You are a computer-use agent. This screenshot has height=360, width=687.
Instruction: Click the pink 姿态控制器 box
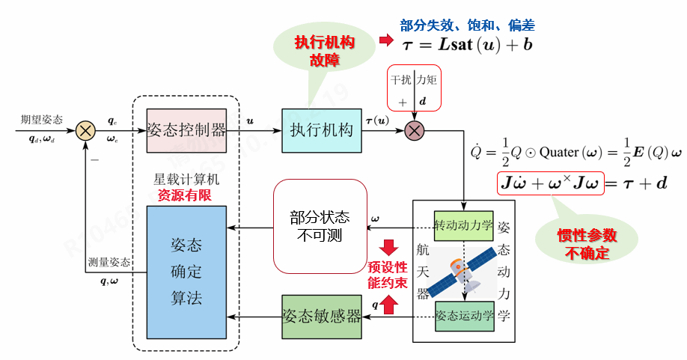[x=186, y=129]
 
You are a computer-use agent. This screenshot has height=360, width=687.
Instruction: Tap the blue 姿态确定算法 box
[x=186, y=271]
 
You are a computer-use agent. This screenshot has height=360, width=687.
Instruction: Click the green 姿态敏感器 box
[x=322, y=315]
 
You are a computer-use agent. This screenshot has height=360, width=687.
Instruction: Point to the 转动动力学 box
[x=464, y=226]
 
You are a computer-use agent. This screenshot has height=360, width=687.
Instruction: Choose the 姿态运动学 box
[x=464, y=315]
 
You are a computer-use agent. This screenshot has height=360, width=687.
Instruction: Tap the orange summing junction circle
[x=86, y=130]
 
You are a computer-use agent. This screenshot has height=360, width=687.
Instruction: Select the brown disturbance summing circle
[x=414, y=130]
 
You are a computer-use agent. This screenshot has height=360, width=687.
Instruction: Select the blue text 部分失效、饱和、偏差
[x=468, y=25]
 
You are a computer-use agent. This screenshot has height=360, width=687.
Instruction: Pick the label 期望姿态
[x=42, y=119]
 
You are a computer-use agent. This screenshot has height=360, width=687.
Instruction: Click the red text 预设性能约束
[x=388, y=274]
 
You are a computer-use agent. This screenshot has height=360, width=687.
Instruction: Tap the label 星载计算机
[x=186, y=180]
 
